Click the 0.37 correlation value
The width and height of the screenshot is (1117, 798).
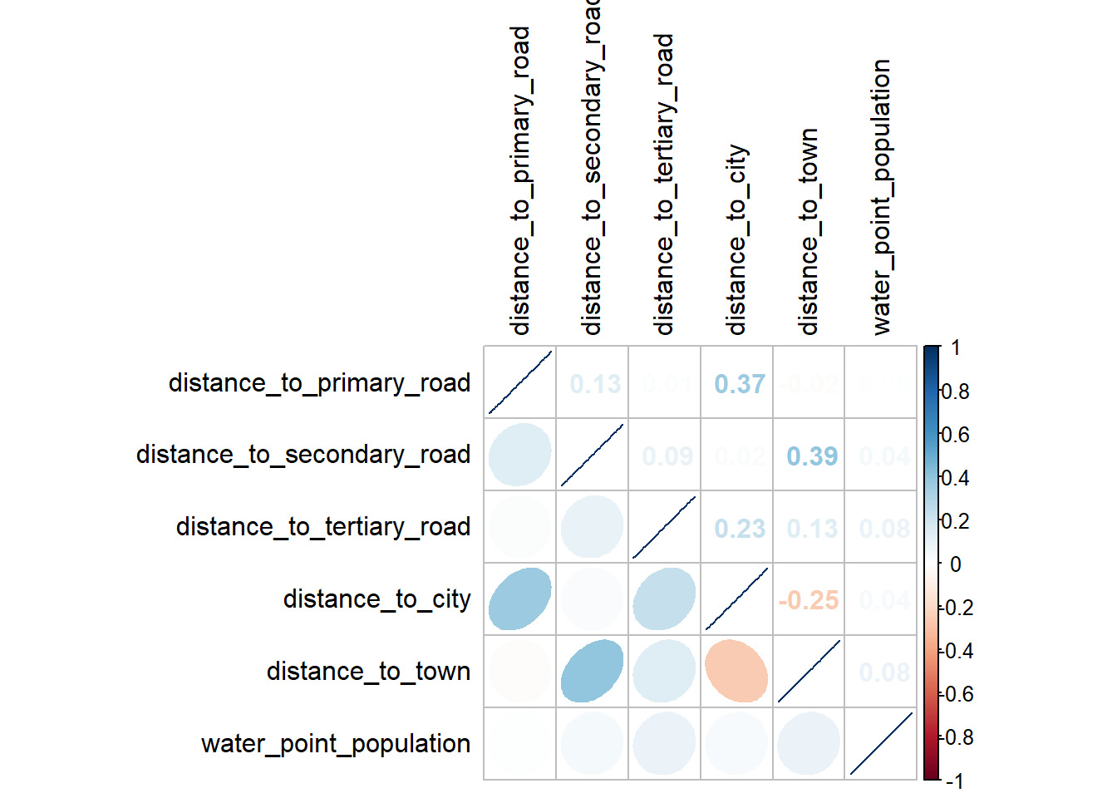point(740,384)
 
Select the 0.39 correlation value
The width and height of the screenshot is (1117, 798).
point(812,456)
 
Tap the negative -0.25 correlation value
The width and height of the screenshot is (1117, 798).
point(808,600)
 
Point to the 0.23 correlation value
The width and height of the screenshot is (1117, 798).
point(740,529)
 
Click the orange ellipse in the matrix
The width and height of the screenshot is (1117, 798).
point(736,671)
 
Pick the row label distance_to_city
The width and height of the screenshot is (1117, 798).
point(376,599)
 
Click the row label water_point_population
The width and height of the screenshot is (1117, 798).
point(336,744)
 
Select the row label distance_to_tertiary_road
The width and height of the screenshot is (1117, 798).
point(323,527)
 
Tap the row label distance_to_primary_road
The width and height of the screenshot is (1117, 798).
point(319,383)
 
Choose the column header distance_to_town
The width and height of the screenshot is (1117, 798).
point(809,231)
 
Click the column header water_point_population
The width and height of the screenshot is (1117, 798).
point(881,197)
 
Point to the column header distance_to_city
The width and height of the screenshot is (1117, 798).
point(737,239)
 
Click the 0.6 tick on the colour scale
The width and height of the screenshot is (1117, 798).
point(955,435)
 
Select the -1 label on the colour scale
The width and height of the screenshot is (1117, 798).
point(955,781)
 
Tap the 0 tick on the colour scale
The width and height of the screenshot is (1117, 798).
point(955,564)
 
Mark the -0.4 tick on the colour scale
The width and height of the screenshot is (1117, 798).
point(957,651)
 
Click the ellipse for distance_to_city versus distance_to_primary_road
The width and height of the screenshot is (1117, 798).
point(519,598)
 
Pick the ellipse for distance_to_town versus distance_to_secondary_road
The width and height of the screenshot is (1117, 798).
point(592,671)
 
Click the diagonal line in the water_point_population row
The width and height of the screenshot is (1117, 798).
point(881,743)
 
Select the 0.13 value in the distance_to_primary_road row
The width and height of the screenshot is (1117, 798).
point(595,384)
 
